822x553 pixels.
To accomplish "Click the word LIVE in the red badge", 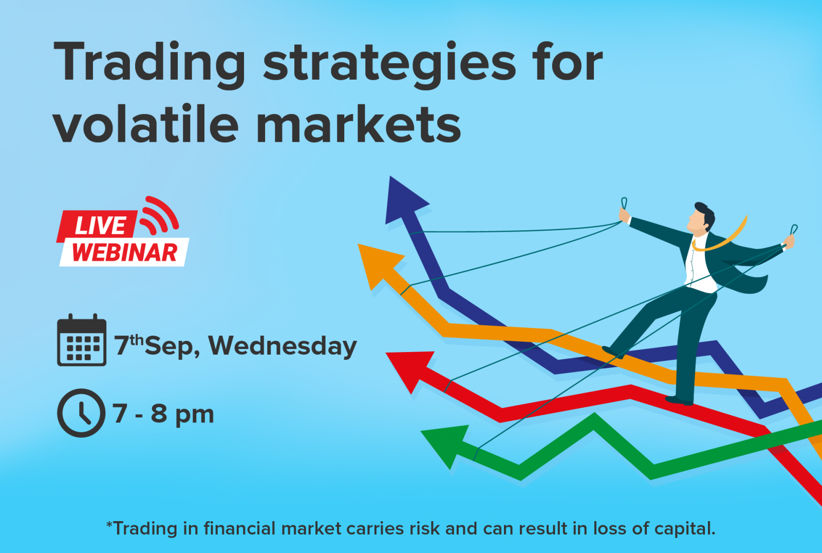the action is (x=100, y=225).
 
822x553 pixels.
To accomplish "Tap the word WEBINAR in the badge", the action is (x=125, y=252).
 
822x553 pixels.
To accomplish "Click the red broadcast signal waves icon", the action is (x=160, y=215).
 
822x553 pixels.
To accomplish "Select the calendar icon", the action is (x=82, y=340).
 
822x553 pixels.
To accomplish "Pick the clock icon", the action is (x=81, y=413).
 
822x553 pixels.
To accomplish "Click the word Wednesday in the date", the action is (x=283, y=345).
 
